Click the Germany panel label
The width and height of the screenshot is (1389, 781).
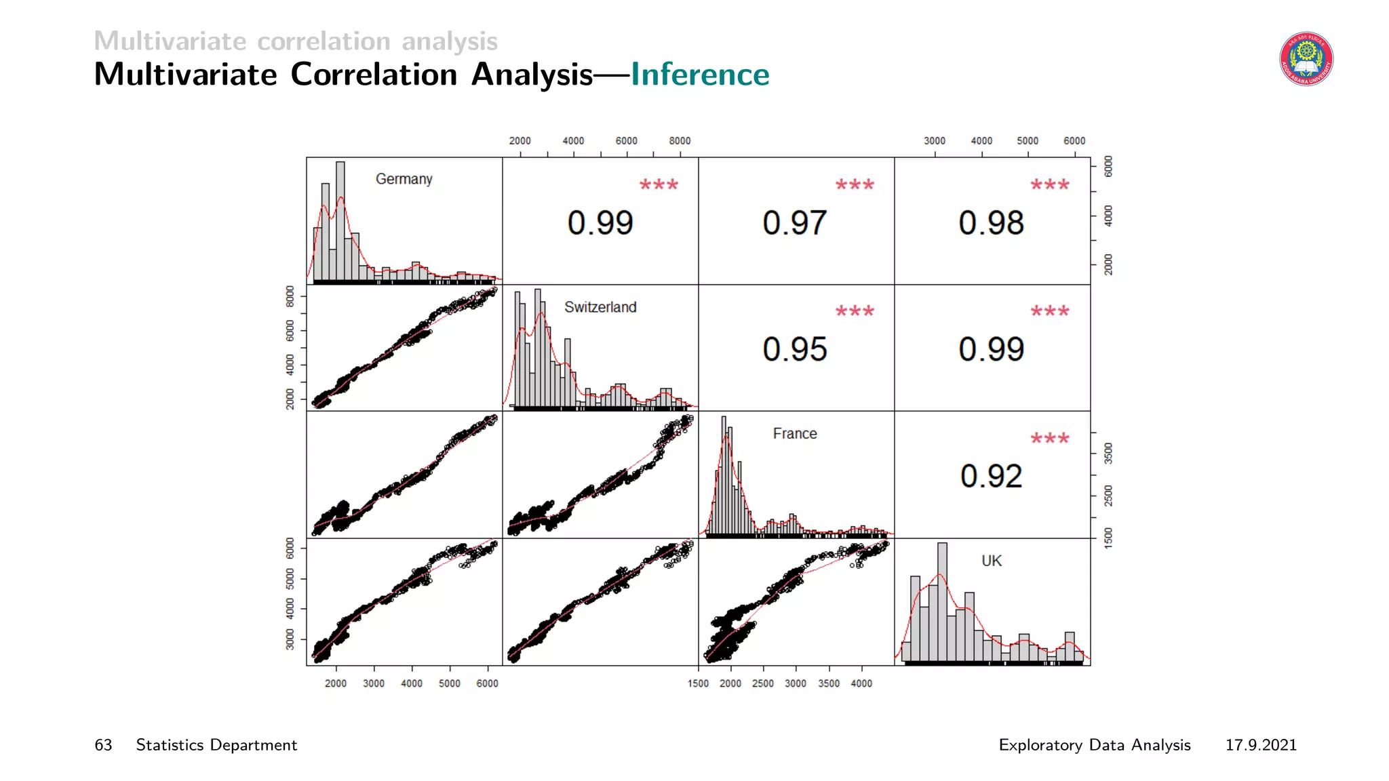[404, 179]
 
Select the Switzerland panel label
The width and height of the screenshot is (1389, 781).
[600, 307]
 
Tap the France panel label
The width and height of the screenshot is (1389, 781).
[795, 434]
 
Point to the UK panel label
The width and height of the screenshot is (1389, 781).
[992, 561]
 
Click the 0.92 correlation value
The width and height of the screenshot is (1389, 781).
[991, 476]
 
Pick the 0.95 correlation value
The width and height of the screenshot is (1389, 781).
[795, 349]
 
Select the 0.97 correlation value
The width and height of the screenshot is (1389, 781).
[795, 223]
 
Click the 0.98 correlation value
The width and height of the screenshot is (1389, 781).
[991, 223]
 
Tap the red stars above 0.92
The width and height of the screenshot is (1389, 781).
[1049, 439]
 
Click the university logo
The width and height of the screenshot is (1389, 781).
[1306, 59]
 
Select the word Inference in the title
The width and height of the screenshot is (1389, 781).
[700, 75]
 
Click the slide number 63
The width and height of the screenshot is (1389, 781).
[103, 745]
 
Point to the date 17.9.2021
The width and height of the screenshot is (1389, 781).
[1260, 745]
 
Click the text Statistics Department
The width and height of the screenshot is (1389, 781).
[216, 745]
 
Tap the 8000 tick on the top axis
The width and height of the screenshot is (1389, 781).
[680, 141]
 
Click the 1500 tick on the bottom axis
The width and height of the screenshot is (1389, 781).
[698, 683]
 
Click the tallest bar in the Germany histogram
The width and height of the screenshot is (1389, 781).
[340, 220]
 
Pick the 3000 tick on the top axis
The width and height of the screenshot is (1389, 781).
[935, 141]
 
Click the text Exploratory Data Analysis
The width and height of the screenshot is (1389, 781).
[1094, 745]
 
